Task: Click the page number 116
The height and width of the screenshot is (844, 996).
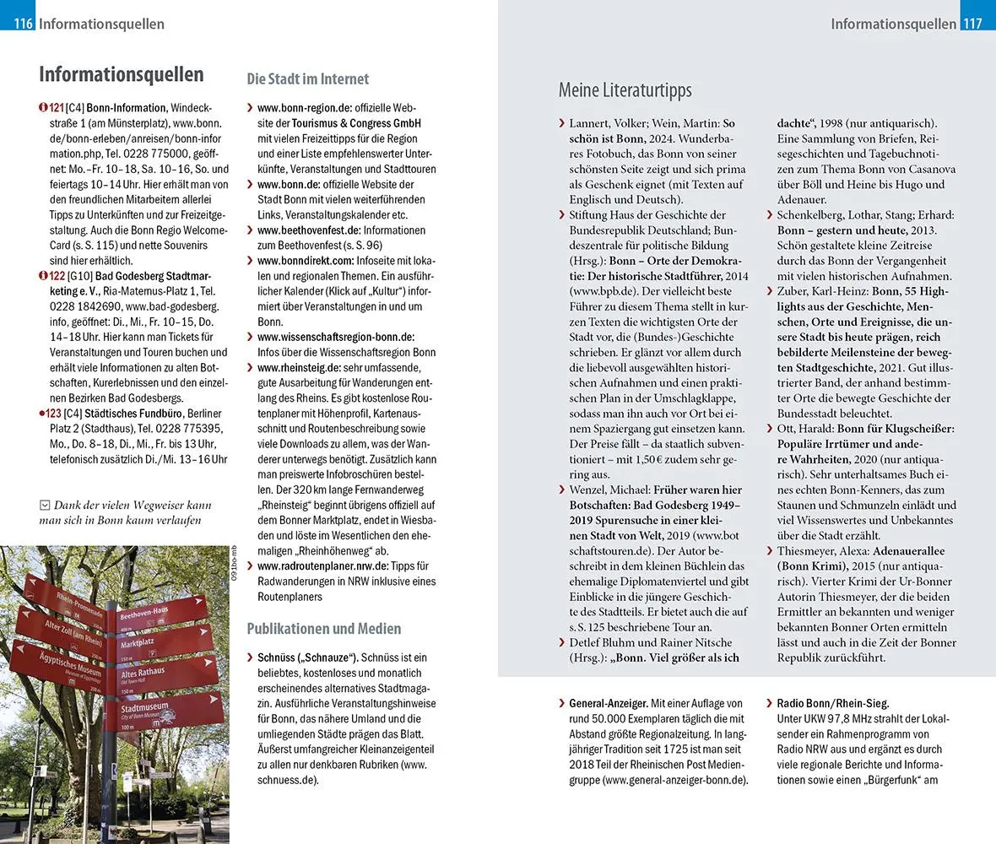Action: (23, 24)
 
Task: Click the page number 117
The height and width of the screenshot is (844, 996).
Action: (972, 24)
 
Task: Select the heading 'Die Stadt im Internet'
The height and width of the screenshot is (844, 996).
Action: (307, 79)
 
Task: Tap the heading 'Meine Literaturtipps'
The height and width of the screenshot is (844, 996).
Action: (625, 90)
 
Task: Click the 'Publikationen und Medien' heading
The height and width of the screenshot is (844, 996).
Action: (323, 629)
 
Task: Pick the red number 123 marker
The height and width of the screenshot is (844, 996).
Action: (51, 414)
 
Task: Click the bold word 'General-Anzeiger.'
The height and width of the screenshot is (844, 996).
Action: (609, 703)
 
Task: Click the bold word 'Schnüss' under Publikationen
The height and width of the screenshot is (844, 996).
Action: (274, 657)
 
